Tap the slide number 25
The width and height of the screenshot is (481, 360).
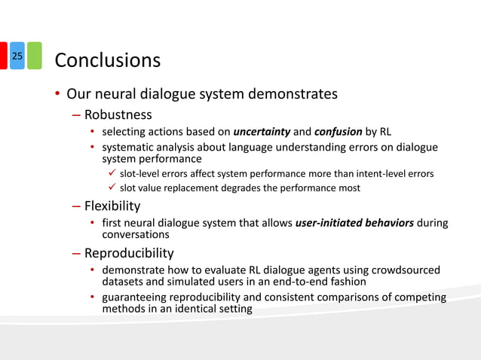coord(18,56)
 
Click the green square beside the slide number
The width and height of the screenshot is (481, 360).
coord(35,56)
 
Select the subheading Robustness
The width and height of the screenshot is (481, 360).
coord(118,115)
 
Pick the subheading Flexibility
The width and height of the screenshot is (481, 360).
coord(112,206)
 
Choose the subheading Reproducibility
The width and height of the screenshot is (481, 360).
coord(129,252)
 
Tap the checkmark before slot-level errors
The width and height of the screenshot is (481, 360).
coord(111,174)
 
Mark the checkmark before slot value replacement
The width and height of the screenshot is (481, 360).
coord(111,188)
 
